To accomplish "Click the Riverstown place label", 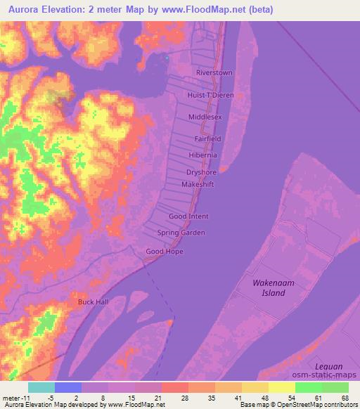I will (x=214, y=73).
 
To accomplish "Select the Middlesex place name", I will (x=205, y=117).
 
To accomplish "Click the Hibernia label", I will (x=203, y=155).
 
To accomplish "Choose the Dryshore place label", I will (x=202, y=171).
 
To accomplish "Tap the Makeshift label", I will (x=197, y=184).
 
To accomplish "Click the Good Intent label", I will (x=188, y=217).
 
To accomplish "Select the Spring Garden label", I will (x=181, y=233).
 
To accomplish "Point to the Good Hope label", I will (x=164, y=251).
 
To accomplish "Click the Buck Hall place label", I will (x=93, y=302).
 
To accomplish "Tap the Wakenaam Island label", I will (x=269, y=287).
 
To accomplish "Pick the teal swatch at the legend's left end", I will (x=41, y=387).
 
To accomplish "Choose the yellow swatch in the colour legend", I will (x=282, y=387).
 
